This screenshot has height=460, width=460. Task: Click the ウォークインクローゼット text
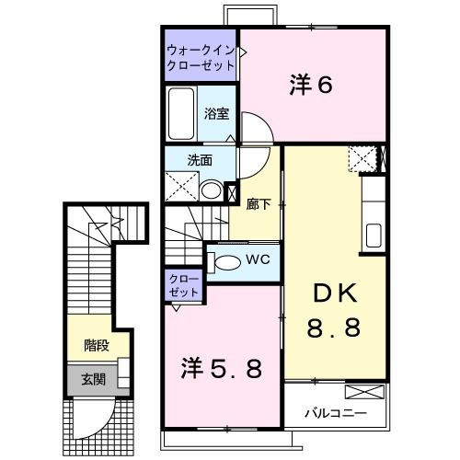(201, 58)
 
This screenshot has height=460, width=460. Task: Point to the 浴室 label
(217, 114)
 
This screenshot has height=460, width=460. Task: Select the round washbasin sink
(212, 191)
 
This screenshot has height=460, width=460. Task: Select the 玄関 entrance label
(93, 378)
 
